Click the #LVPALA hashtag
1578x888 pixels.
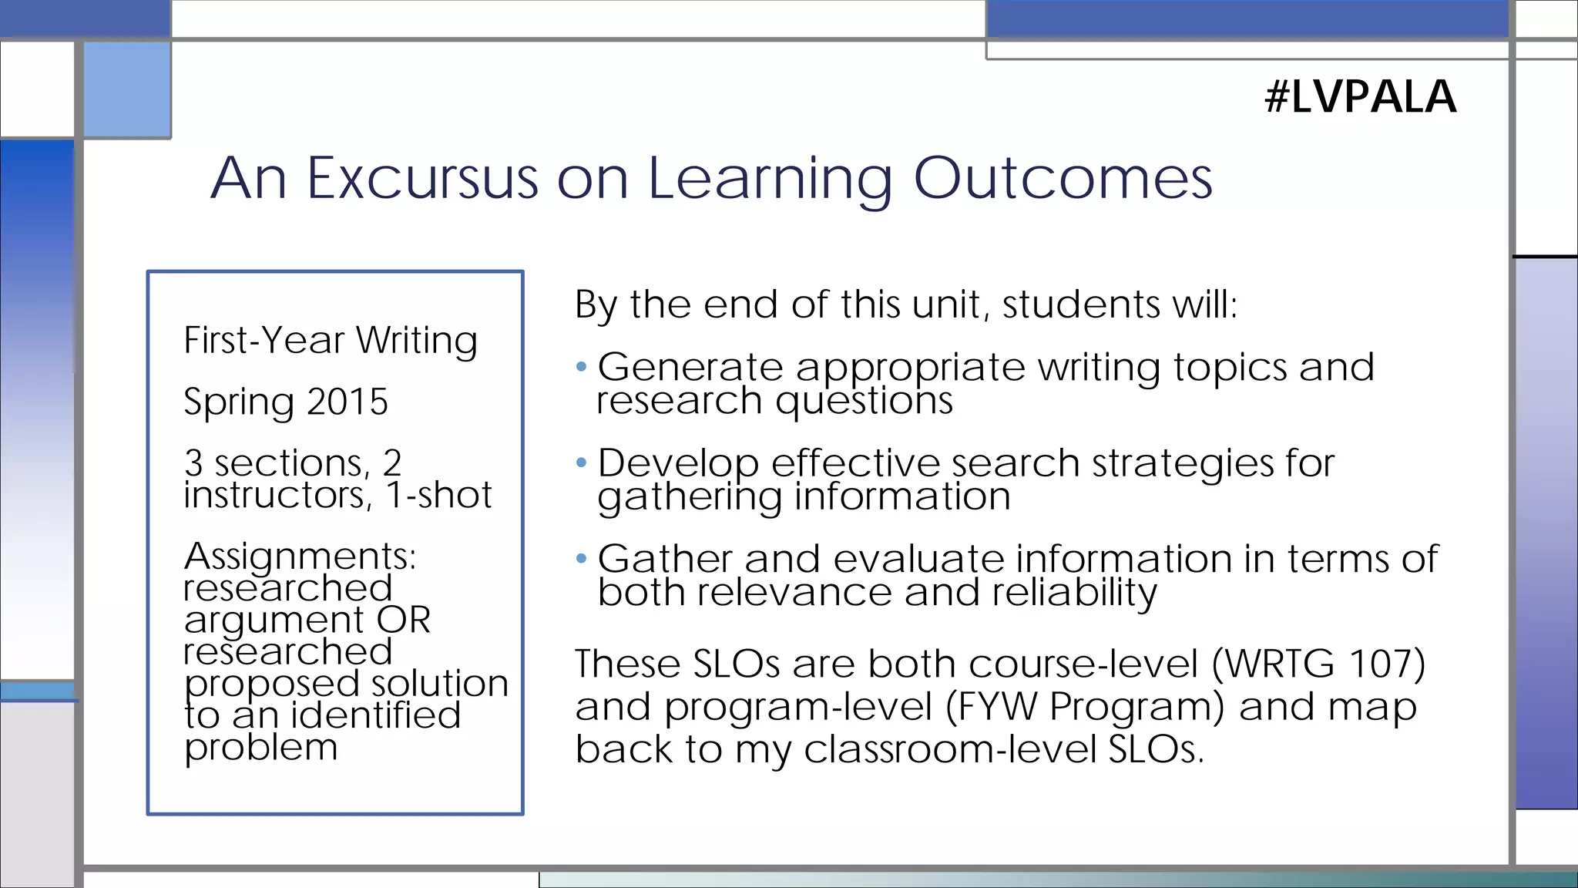coord(1361,97)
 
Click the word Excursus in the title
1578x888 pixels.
coord(422,179)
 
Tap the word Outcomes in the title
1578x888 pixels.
coord(1063,179)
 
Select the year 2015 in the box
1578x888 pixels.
coord(347,402)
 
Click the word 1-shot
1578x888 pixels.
coord(438,495)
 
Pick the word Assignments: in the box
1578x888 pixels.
coord(300,556)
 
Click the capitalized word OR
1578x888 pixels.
coord(403,620)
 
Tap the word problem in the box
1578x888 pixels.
coord(260,747)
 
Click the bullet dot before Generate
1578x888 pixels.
coord(582,367)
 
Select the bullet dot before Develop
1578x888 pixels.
coord(582,462)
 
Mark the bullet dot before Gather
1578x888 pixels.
coord(582,558)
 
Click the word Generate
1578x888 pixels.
coord(690,367)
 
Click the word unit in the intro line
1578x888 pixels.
coord(947,304)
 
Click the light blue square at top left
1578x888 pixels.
coord(127,89)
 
